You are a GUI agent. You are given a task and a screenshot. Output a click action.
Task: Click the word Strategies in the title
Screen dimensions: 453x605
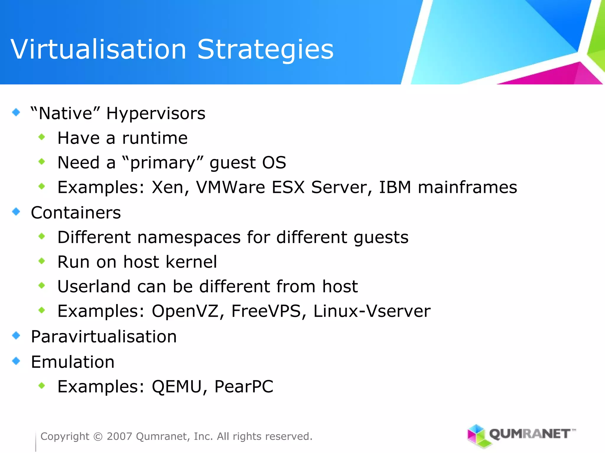[x=265, y=50]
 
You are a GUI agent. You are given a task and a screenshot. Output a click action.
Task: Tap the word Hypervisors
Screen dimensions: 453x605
[x=156, y=114]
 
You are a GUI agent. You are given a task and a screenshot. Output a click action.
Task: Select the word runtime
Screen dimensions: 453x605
[x=155, y=138]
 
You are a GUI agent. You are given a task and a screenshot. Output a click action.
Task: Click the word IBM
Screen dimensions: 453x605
[x=395, y=187]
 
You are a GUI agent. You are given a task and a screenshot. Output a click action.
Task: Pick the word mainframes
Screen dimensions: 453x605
[x=467, y=187]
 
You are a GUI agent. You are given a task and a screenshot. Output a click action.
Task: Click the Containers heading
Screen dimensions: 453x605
[x=76, y=213]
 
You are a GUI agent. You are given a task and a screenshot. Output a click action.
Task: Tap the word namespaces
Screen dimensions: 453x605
[x=189, y=237]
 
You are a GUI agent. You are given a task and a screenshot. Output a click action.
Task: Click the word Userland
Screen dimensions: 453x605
[x=94, y=286]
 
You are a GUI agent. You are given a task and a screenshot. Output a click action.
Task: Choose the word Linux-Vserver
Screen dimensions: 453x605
[x=372, y=311]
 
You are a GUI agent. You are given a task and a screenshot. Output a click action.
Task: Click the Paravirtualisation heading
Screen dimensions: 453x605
[x=104, y=337]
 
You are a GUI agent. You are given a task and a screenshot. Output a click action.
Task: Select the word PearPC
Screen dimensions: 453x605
[x=244, y=387]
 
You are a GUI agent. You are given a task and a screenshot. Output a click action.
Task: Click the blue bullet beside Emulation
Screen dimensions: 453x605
[x=16, y=361]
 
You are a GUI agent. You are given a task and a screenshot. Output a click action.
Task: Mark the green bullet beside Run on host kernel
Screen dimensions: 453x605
[x=42, y=261]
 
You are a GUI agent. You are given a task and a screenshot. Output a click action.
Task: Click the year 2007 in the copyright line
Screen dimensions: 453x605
[x=119, y=436]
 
